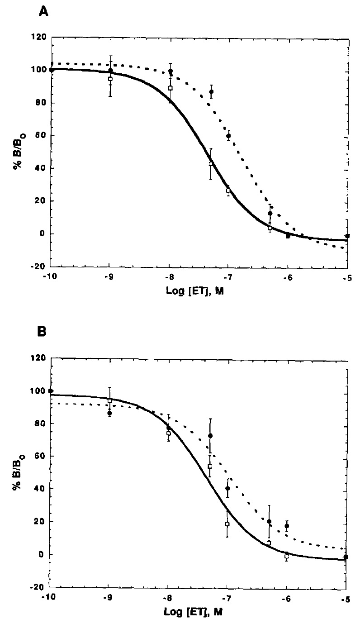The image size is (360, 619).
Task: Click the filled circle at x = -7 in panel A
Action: click(x=228, y=136)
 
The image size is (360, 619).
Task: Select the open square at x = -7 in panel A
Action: click(x=228, y=190)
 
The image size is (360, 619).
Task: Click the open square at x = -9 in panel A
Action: click(x=110, y=79)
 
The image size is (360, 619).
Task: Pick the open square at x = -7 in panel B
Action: click(x=227, y=524)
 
